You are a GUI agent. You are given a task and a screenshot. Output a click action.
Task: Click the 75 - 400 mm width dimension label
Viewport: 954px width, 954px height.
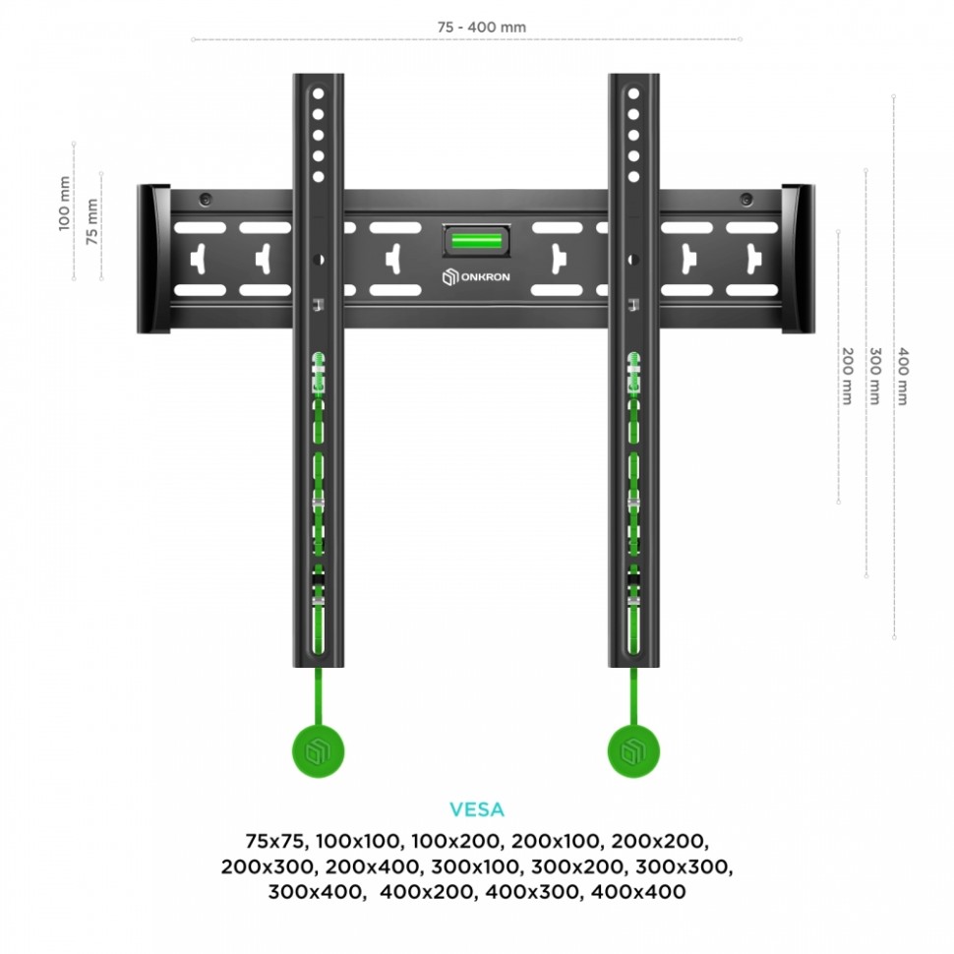coord(481,28)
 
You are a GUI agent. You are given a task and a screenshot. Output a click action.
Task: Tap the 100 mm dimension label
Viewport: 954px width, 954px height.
coord(65,204)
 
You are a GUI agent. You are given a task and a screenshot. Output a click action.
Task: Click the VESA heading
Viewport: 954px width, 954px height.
coord(477,810)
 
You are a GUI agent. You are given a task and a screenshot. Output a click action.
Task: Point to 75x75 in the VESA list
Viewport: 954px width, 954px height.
coord(275,842)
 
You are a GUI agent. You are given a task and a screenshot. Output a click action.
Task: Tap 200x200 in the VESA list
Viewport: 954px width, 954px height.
coord(660,842)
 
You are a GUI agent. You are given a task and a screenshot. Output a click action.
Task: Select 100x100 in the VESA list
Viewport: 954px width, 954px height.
coord(359,842)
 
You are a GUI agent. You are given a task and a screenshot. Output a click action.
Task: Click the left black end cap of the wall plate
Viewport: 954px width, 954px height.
coord(152,258)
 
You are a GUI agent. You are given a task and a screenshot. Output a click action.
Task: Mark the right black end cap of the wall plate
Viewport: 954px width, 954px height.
coord(798,258)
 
